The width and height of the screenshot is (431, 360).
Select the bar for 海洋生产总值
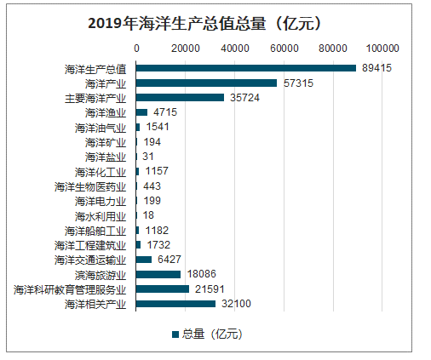246,68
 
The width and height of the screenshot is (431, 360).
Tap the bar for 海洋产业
206,83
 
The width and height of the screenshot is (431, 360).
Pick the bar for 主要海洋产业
180,98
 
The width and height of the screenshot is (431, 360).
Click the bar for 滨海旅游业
158,274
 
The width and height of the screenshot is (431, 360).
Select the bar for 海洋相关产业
175,304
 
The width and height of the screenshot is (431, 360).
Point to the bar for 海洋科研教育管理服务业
163,289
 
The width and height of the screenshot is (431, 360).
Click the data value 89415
376,68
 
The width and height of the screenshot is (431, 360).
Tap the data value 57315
297,83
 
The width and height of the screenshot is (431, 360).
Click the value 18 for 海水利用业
148,215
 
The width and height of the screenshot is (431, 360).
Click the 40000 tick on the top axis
234,48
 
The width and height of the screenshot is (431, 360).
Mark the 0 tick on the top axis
136,48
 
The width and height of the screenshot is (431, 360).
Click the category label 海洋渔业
106,112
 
